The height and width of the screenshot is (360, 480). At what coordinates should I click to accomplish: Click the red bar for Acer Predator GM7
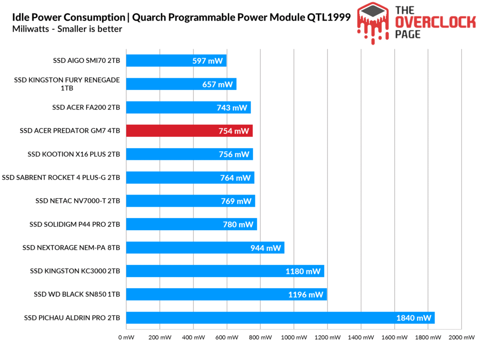point(189,131)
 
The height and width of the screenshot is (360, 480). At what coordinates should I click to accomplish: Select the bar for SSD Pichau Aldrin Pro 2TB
point(280,318)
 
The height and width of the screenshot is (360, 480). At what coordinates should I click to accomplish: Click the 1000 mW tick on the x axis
point(294,337)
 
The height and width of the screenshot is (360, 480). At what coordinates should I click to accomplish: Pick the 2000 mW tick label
point(461,337)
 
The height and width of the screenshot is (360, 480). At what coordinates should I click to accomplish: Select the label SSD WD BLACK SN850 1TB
point(77,294)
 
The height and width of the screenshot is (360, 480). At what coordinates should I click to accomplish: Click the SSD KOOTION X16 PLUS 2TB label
point(74,154)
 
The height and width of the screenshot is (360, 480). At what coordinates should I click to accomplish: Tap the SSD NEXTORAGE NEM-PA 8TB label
point(71,247)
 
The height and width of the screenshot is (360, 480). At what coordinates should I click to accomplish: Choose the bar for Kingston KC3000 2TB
point(225,271)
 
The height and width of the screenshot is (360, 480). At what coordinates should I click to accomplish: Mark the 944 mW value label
point(265,248)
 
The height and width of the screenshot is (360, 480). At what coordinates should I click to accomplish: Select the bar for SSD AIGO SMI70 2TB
point(176,60)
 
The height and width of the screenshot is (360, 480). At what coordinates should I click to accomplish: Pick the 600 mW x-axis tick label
point(227,337)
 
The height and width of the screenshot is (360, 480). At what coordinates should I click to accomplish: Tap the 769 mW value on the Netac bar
point(236,201)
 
